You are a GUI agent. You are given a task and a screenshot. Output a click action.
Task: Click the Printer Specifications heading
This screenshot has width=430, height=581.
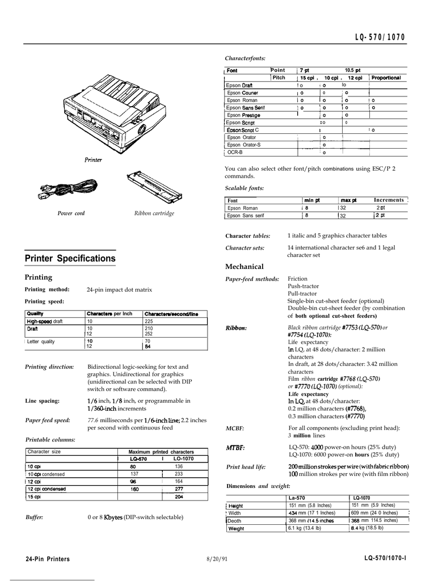pyautogui.click(x=70, y=259)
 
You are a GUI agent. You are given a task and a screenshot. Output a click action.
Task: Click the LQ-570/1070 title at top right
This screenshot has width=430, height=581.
pyautogui.click(x=380, y=37)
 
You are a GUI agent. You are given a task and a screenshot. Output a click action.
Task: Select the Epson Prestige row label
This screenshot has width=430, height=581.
pyautogui.click(x=243, y=115)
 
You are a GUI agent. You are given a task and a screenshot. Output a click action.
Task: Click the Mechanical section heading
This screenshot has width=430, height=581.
pyautogui.click(x=244, y=267)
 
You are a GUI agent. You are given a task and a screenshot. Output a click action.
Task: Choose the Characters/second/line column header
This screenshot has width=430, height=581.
pyautogui.click(x=171, y=314)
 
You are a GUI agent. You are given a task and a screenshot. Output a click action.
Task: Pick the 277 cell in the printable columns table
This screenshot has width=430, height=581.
pyautogui.click(x=179, y=489)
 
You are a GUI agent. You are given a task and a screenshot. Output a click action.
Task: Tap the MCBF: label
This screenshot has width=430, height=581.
pyautogui.click(x=235, y=429)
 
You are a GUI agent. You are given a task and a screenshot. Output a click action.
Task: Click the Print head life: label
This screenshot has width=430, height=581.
pyautogui.click(x=246, y=467)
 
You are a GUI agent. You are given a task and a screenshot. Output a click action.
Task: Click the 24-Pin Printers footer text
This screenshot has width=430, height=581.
pyautogui.click(x=48, y=559)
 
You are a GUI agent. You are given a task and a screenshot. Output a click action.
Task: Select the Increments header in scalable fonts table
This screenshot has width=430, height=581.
pyautogui.click(x=389, y=200)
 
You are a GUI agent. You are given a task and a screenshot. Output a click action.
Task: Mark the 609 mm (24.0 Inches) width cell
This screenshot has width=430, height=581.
pyautogui.click(x=375, y=512)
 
